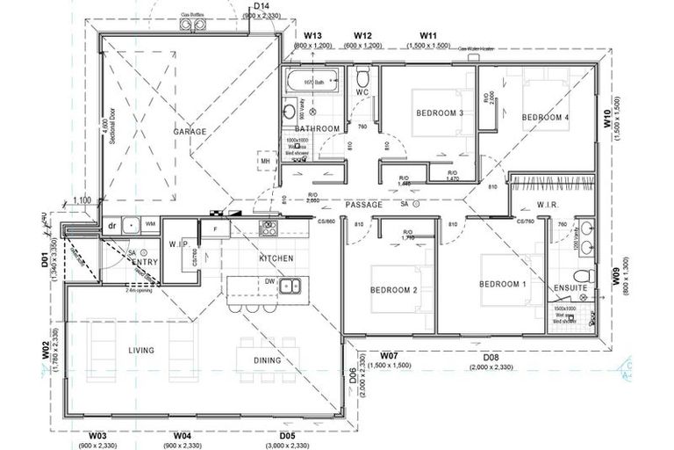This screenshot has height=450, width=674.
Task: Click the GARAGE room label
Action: coord(190,132)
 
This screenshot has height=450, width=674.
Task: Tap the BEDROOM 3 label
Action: coord(439,113)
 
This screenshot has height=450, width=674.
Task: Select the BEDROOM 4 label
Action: coord(545,118)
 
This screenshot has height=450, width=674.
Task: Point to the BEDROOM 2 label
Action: coord(392,290)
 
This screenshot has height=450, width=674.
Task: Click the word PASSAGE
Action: coord(363,204)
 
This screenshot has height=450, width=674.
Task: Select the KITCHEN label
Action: coord(276,258)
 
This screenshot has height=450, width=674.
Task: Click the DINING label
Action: coord(268,360)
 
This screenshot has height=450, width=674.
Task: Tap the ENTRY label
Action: coord(145,262)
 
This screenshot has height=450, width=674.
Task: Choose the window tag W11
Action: coord(428,35)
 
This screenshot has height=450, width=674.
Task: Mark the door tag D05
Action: coord(286,435)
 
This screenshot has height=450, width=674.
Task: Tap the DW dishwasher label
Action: coord(271,281)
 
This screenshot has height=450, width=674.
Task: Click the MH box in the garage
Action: coord(264,162)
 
